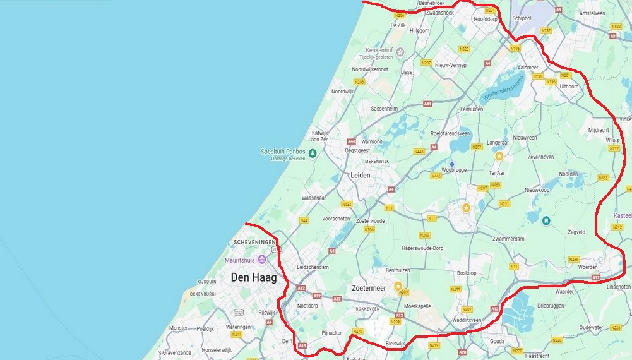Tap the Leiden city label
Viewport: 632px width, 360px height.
(x=360, y=175)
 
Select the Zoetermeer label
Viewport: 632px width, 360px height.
(x=369, y=287)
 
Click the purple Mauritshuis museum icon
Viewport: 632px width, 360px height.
(x=261, y=260)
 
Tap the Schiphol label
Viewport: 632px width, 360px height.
(x=522, y=18)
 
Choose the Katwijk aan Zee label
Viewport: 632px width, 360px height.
(x=320, y=136)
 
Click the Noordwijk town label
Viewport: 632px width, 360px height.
(x=343, y=92)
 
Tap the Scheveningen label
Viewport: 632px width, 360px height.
(x=254, y=243)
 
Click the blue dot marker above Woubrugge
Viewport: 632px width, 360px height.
(x=452, y=164)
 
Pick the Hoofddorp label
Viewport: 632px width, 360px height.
(x=486, y=19)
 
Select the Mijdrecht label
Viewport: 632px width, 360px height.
(x=599, y=129)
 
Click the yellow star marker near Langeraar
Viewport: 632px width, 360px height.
(x=499, y=155)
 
